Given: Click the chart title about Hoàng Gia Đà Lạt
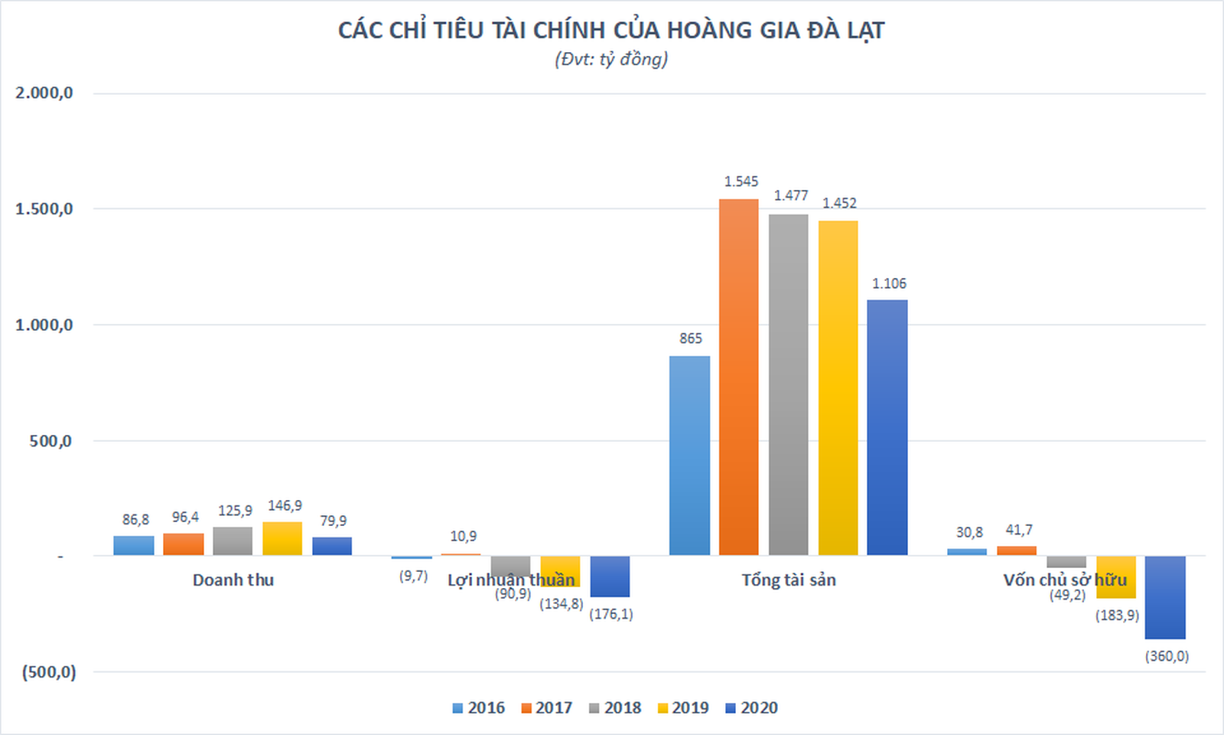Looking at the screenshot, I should pyautogui.click(x=611, y=31).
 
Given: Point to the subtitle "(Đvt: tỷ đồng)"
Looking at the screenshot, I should pyautogui.click(x=611, y=59).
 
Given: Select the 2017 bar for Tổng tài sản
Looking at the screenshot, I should pyautogui.click(x=738, y=377).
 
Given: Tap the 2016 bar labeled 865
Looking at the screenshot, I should pyautogui.click(x=689, y=456).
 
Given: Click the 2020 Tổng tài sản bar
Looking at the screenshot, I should pyautogui.click(x=887, y=427).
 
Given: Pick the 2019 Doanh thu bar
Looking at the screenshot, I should pyautogui.click(x=282, y=539).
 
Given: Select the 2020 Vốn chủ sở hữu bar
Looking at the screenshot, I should pyautogui.click(x=1165, y=597).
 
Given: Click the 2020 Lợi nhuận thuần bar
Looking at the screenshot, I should pyautogui.click(x=610, y=577).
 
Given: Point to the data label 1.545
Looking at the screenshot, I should pyautogui.click(x=741, y=181).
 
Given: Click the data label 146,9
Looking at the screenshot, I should pyautogui.click(x=285, y=506).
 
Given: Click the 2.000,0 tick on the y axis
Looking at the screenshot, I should pyautogui.click(x=44, y=93).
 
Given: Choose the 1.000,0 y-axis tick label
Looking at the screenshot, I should pyautogui.click(x=44, y=325).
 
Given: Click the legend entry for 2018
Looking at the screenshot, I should pyautogui.click(x=615, y=708).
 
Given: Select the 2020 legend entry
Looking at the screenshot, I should pyautogui.click(x=751, y=708).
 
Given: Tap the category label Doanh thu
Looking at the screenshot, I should pyautogui.click(x=233, y=580).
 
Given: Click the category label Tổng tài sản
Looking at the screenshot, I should pyautogui.click(x=789, y=580).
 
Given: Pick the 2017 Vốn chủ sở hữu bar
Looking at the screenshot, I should pyautogui.click(x=1017, y=550).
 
